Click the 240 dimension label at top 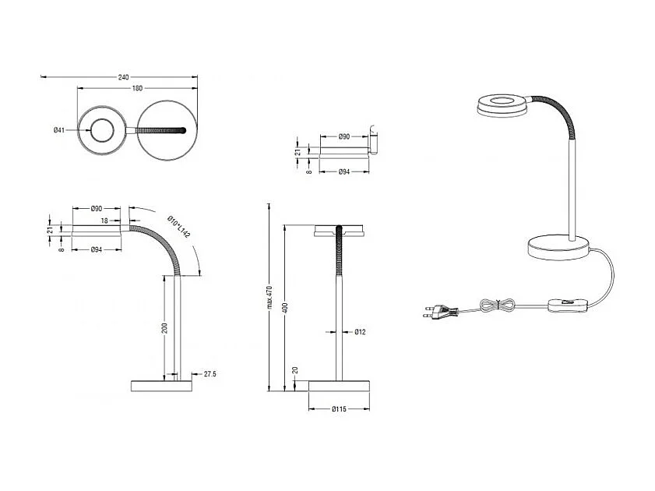123,77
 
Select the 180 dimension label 137,89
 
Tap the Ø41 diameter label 58,130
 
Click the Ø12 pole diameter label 360,332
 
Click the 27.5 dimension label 210,374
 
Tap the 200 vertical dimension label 164,327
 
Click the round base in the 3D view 559,249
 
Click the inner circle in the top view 101,130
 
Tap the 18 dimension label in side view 105,221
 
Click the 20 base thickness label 295,370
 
